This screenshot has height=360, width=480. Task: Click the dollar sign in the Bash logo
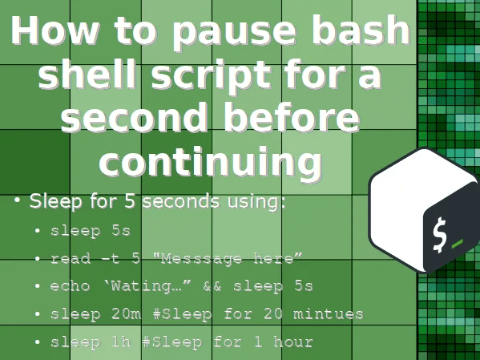pyautogui.click(x=439, y=234)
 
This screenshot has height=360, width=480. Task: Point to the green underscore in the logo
pyautogui.click(x=458, y=243)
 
